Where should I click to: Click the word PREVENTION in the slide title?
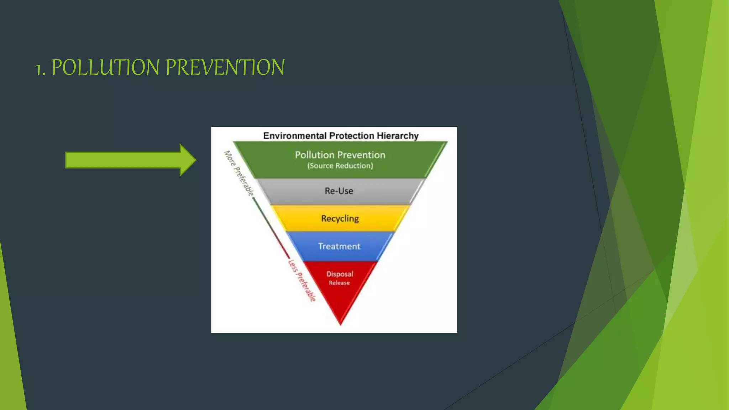[x=225, y=67]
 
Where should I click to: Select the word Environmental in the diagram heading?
[x=295, y=136]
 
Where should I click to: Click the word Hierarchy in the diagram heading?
[x=398, y=136]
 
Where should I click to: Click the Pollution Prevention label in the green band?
[x=340, y=155]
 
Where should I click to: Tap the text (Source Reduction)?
[x=340, y=166]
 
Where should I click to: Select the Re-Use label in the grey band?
[x=339, y=191]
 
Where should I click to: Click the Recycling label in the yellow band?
[x=340, y=219]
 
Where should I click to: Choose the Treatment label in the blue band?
[x=339, y=246]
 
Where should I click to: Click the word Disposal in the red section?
[x=340, y=274]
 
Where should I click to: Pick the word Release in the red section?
[x=339, y=283]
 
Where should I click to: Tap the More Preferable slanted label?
[x=239, y=173]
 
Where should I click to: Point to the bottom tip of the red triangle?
[x=340, y=324]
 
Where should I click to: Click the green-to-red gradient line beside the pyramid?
[x=271, y=228]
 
